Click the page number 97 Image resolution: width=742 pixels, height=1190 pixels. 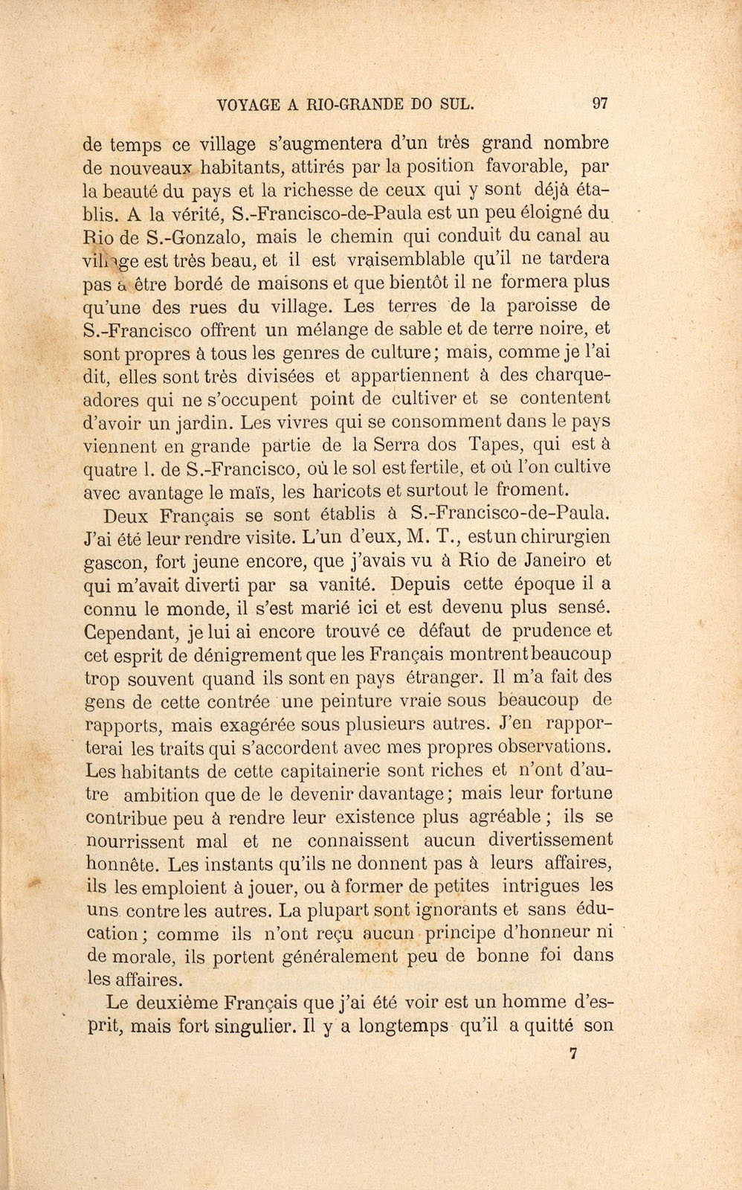601,104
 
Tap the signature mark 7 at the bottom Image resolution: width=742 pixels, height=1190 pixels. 572,1052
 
